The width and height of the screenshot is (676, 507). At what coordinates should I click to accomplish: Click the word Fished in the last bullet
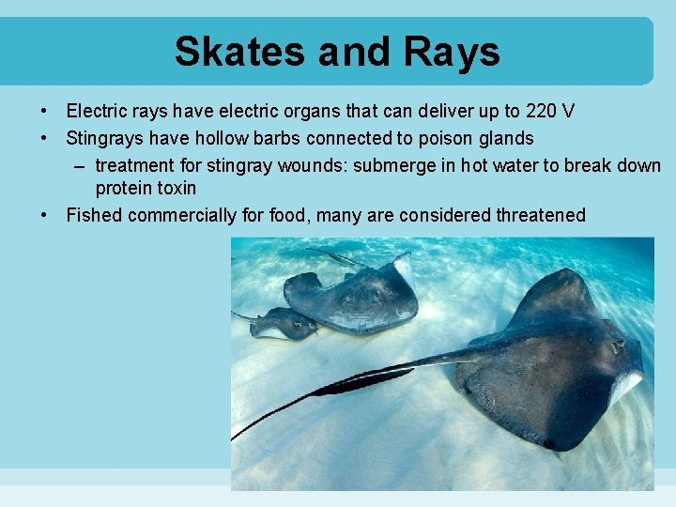click(x=94, y=216)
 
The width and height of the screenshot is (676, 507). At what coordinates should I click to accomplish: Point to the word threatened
click(x=530, y=216)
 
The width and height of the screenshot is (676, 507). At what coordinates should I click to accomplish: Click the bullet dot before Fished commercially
click(x=44, y=216)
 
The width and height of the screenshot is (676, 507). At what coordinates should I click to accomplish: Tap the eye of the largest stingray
click(x=617, y=346)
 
